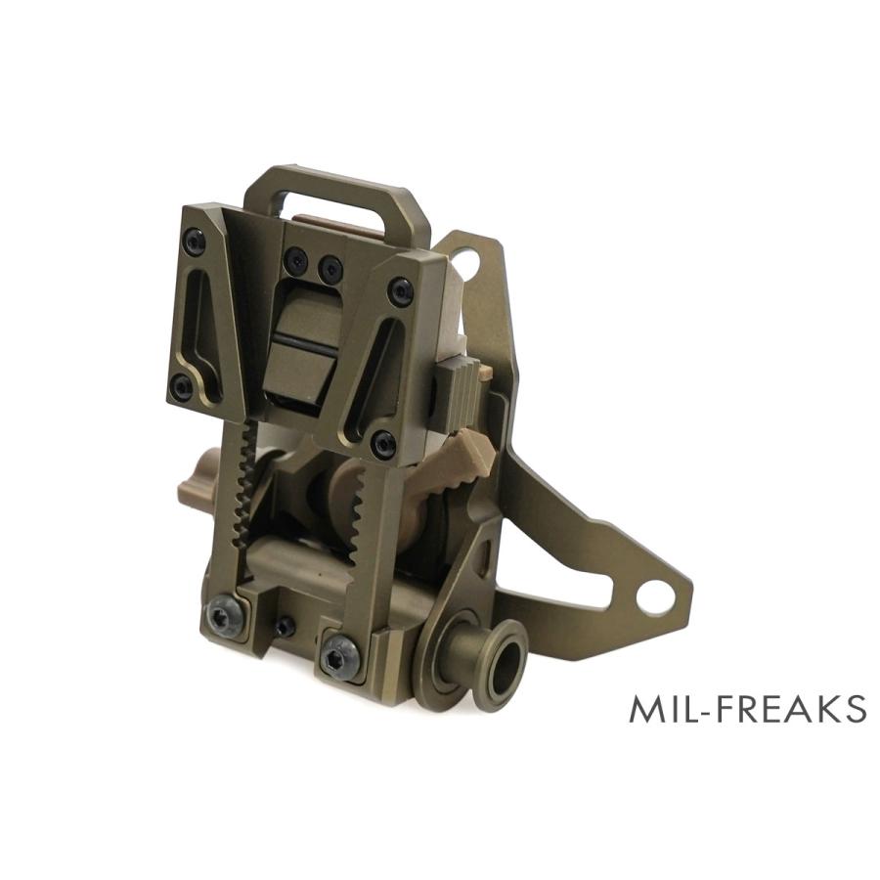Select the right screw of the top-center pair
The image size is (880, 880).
coord(331,265)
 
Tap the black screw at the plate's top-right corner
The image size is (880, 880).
coord(400,290)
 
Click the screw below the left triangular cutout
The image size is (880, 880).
coord(181,386)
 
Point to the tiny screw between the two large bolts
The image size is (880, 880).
coord(283,625)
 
